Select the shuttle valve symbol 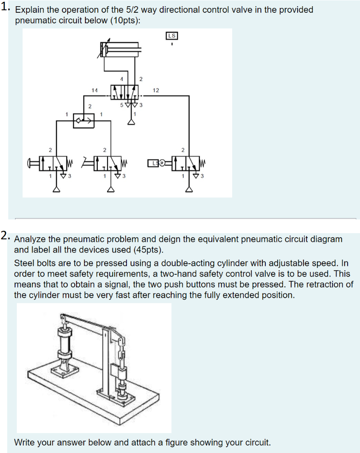[84, 120]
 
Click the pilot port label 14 [94, 90]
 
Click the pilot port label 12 [155, 90]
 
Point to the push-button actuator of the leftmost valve [34, 163]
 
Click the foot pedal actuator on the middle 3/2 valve [88, 163]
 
